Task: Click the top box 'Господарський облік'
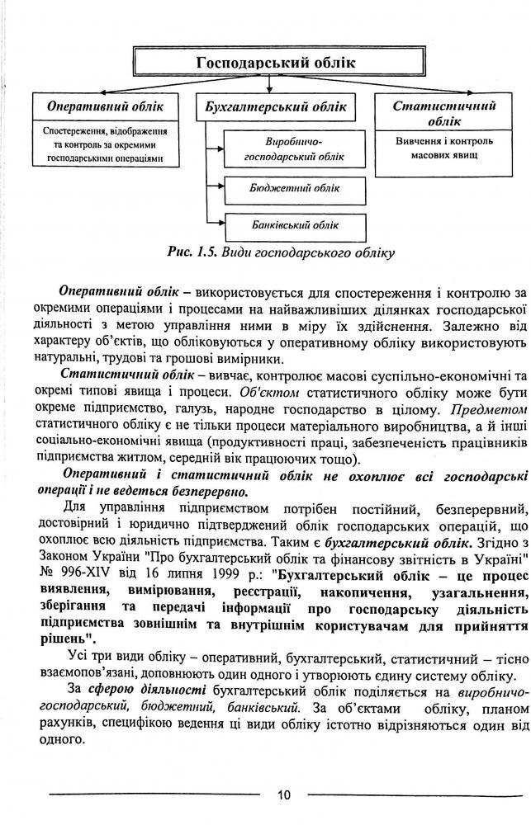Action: (264, 64)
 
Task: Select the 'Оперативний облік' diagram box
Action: (105, 107)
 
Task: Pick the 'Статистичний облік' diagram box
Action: (444, 113)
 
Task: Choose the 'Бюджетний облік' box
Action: (294, 188)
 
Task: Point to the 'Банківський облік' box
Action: (294, 224)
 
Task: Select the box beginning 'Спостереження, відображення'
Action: (105, 144)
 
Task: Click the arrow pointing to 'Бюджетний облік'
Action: (220, 188)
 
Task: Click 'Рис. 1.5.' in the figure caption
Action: (194, 252)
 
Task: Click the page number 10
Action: (283, 795)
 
